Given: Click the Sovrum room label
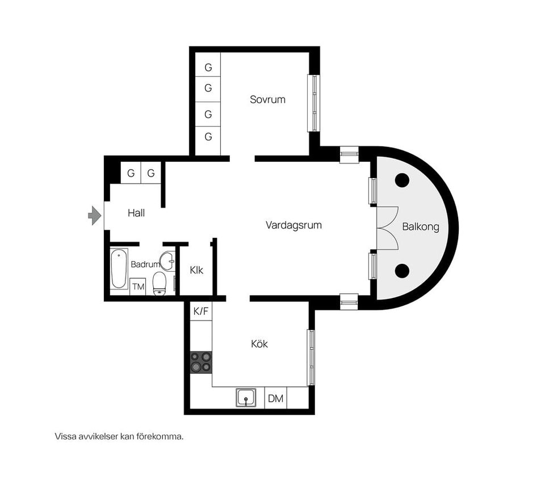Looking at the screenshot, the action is pos(267,99).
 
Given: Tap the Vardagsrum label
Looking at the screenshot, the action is pos(294,225).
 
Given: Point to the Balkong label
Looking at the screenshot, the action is pos(421,227).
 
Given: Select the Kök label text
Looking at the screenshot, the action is pos(259,344).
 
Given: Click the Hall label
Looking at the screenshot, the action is pos(136,213).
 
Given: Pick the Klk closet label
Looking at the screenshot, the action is pos(196,270).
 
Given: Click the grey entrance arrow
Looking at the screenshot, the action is pos(95,216).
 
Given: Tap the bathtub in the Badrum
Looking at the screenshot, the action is pos(119,268).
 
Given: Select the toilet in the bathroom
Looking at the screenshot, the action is pos(160,284).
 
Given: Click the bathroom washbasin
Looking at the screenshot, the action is pos(167,261).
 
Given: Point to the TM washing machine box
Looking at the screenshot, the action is pos(138,287).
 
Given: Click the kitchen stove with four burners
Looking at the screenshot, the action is pos(201,363).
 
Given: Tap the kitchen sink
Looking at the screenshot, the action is pos(246,398).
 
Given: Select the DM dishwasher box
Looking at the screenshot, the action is pos(276,398).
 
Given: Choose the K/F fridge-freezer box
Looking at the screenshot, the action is pos(201,311).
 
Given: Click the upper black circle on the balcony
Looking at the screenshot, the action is pos(402,180).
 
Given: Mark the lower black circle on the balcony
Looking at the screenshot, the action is pos(402,271).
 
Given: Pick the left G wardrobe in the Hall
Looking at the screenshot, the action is pos(131,172).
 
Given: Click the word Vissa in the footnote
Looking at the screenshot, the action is pos(65,436).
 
